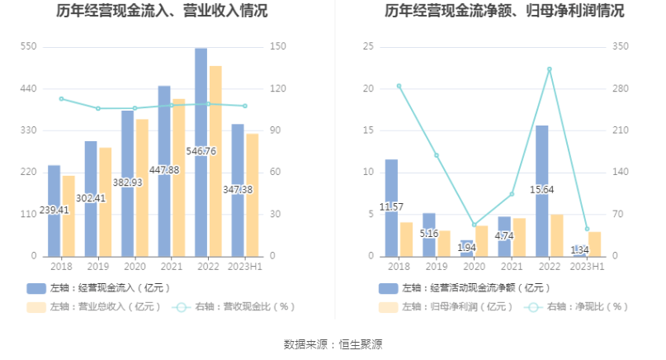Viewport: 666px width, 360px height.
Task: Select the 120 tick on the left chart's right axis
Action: click(277, 89)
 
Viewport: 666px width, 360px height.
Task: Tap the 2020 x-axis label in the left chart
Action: click(135, 267)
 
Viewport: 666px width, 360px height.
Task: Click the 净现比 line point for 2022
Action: click(550, 69)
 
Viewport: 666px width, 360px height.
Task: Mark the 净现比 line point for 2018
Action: click(399, 86)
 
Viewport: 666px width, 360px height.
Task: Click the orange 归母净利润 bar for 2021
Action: click(519, 237)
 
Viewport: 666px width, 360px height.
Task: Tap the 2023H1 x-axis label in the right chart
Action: click(587, 267)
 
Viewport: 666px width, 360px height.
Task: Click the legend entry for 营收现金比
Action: click(234, 306)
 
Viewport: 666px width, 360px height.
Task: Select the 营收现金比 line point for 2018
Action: click(60, 99)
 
